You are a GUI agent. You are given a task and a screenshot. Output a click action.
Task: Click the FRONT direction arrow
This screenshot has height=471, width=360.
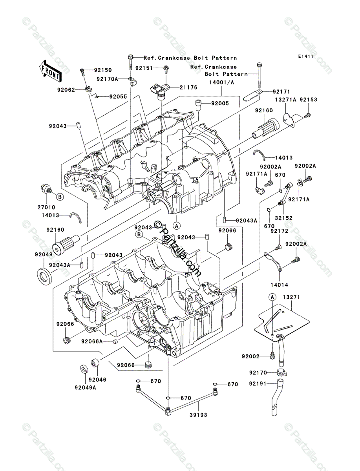pos(49,71)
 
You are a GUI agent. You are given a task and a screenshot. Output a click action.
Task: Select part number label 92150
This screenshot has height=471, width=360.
pos(103,70)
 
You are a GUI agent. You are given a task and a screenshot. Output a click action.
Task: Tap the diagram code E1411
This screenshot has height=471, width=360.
pos(305,57)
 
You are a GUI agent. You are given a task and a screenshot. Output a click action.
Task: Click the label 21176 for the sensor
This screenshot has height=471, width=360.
pos(188,88)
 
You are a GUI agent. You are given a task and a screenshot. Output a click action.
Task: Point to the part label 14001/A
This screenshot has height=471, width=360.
pos(222,82)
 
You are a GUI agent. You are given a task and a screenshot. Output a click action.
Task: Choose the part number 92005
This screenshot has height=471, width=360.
pos(220,104)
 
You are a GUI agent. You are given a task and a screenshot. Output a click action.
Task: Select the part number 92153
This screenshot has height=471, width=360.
pos(308,100)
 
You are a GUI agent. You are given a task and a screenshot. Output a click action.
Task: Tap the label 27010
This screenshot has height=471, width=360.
pos(46,207)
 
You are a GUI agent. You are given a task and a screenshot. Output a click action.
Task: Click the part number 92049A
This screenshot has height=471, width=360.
pos(86,388)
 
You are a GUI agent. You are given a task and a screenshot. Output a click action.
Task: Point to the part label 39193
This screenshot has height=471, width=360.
pos(198,415)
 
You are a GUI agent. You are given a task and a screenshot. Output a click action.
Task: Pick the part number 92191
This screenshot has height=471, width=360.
pos(258,383)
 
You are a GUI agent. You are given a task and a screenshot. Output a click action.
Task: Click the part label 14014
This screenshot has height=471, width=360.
pos(280,285)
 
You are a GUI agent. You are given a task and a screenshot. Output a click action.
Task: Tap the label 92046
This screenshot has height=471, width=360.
pos(98,380)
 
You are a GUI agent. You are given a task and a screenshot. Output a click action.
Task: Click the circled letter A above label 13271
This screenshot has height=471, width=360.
pos(272,297)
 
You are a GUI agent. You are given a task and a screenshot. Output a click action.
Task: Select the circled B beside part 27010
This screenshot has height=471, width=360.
pos(60,197)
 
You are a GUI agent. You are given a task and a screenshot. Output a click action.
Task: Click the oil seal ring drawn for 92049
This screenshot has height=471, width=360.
pos(44,277)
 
